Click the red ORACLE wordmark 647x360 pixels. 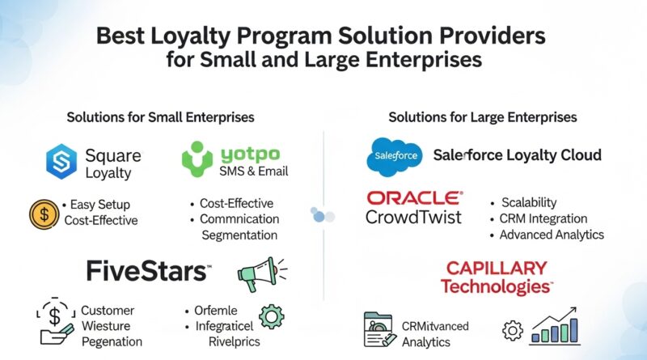point(415,198)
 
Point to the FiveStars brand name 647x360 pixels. point(149,271)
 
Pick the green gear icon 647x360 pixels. point(269,314)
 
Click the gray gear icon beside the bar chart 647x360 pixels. point(513,331)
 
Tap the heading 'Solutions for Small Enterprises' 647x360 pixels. point(160,117)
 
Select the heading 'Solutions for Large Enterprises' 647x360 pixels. point(482,117)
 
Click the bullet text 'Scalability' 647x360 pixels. point(529,202)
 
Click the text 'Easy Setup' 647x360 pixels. point(103,204)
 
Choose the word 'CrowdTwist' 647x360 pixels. point(414,217)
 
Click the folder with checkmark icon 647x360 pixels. point(377,330)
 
